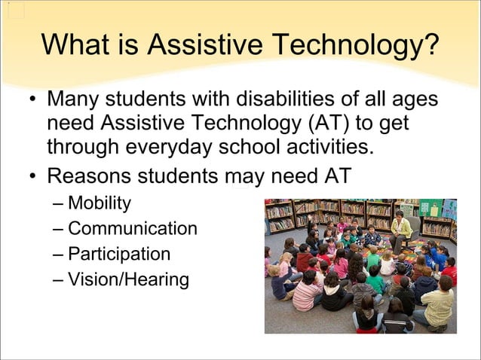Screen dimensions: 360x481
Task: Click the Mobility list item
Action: click(99, 203)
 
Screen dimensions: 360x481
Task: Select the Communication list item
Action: click(132, 228)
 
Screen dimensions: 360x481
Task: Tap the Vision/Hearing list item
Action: click(128, 279)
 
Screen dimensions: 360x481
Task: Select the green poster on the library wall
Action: click(430, 208)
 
